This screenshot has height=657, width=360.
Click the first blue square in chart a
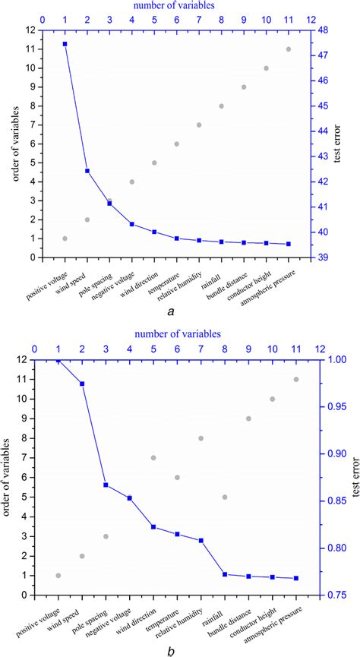click(x=65, y=44)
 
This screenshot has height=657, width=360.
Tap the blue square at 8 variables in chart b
click(x=225, y=574)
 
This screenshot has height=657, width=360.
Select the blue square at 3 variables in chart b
click(x=106, y=485)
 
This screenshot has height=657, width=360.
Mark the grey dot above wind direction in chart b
click(x=153, y=458)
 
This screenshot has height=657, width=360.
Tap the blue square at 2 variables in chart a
click(x=87, y=171)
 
